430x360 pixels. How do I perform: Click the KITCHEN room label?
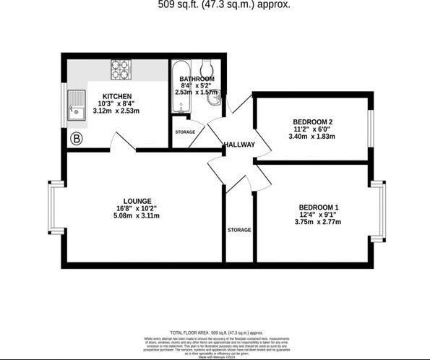117,96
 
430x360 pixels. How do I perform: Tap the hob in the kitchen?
120,69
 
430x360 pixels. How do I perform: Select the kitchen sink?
74,106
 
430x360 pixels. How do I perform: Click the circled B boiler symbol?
75,137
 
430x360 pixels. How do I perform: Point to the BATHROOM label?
197,78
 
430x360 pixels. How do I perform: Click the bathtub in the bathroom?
178,94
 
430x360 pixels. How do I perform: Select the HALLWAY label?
239,145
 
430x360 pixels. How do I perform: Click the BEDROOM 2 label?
313,121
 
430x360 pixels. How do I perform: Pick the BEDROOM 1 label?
318,207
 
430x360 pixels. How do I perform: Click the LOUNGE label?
137,201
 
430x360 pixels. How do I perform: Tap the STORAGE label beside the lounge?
239,230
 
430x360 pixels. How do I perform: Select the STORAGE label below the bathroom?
185,132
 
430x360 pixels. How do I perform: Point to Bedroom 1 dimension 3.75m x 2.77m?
318,221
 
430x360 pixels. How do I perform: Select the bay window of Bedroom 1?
383,210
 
